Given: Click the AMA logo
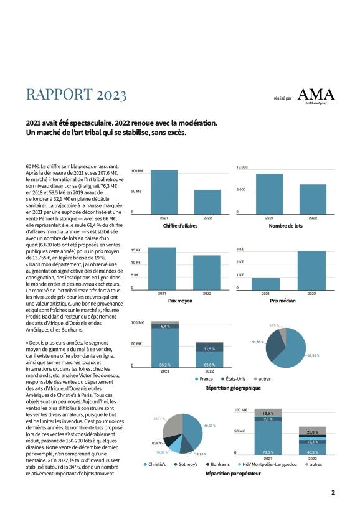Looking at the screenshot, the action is coord(316,96).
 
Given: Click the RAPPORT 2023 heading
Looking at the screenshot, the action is coord(76,95).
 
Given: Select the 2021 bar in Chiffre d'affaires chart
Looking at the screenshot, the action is coord(164,192).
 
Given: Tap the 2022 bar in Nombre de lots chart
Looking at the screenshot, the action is coord(313,199).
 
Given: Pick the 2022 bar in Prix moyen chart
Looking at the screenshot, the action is coord(207,273).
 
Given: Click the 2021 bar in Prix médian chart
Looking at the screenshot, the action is coord(265,284).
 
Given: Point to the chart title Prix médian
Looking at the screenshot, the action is coord(283,301).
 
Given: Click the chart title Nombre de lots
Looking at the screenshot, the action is coord(286,226).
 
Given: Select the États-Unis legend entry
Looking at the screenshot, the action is coord(234,379).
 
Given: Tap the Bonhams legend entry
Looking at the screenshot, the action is coord(218,465).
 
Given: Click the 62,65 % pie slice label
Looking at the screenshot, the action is coord(313,355).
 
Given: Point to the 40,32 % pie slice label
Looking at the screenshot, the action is coord(209,426).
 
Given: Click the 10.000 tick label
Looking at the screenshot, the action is coord(242,167).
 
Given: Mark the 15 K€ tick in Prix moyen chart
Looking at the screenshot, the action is coord(136,250).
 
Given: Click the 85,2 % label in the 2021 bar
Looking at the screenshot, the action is coord(164,365).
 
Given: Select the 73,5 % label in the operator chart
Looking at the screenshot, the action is coord(268,452).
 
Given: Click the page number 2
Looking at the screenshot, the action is coord(333,492).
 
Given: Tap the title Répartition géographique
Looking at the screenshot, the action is coord(233,388).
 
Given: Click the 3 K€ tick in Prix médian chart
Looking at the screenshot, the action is coord(240,249).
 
